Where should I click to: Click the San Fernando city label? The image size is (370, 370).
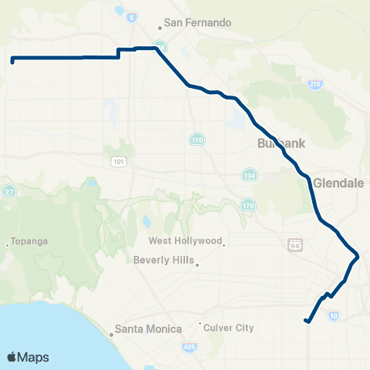[x=197, y=22]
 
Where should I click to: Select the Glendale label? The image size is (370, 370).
[x=338, y=183]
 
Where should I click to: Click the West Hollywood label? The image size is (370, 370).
[x=185, y=240]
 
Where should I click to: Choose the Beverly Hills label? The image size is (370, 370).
[x=164, y=260]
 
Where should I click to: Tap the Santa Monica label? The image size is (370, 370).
[x=148, y=329]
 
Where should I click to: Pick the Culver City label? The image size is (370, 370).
[x=229, y=328]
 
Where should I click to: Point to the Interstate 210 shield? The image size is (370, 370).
[x=315, y=84]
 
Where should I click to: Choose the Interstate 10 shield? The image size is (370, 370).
[x=333, y=314]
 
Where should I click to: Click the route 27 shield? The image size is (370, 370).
[x=10, y=191]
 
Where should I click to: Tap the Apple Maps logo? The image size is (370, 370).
[x=28, y=357]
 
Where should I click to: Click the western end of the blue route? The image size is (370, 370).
[x=12, y=60]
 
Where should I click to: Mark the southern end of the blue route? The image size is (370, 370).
[x=307, y=321]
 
